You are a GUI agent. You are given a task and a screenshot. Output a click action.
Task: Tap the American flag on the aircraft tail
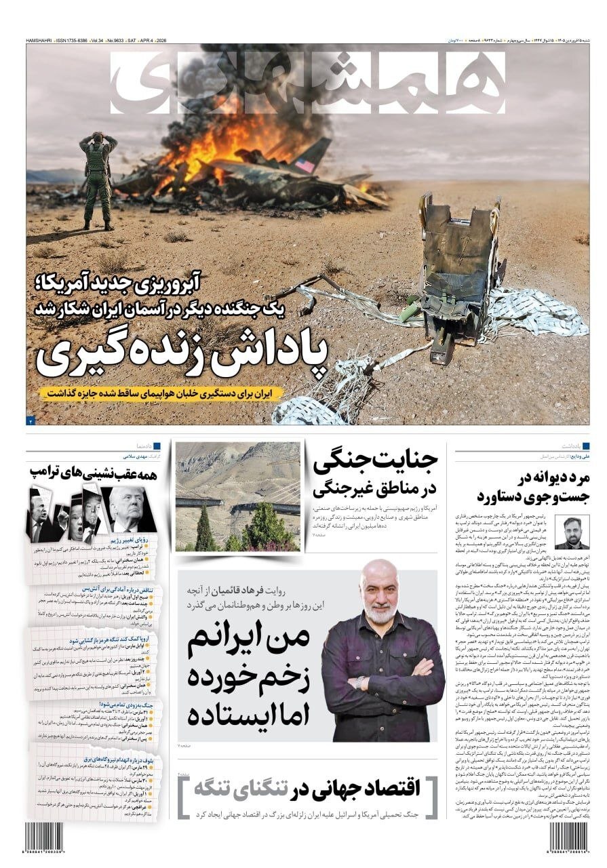tap(305, 165)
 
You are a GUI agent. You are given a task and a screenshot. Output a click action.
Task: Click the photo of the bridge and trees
tap(237, 496)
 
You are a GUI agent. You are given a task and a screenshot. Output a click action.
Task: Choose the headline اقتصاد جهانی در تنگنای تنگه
tap(307, 789)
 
